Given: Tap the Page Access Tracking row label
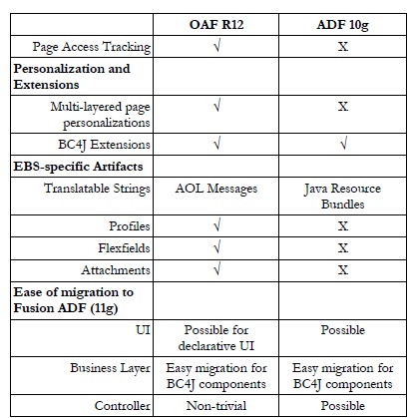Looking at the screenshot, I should [x=91, y=47].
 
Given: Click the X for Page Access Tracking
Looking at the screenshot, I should [x=342, y=47].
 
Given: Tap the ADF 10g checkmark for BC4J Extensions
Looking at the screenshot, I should [x=342, y=143].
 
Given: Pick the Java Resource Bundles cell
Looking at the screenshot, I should [x=342, y=196].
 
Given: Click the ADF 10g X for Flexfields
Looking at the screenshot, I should [x=342, y=248].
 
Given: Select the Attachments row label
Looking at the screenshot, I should [x=116, y=270].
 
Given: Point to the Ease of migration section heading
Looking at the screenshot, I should [x=73, y=299].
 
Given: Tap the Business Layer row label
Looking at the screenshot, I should [x=110, y=369].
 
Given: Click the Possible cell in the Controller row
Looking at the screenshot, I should [x=342, y=406].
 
